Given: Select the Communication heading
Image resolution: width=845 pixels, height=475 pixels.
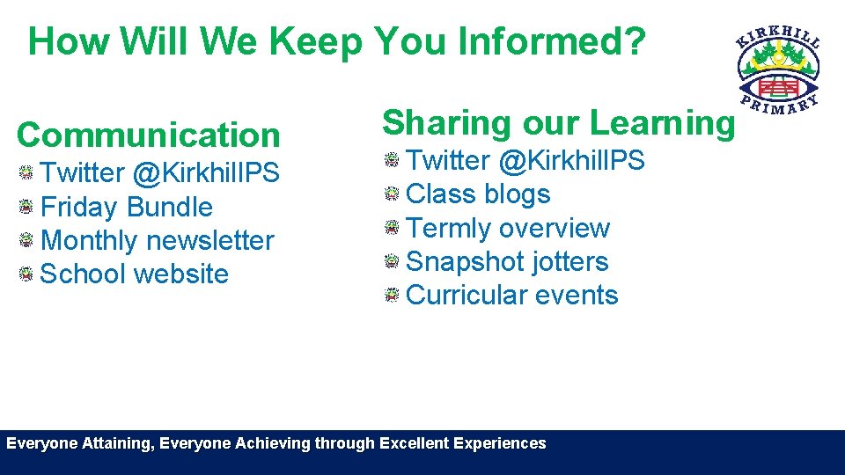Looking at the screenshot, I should (x=148, y=135).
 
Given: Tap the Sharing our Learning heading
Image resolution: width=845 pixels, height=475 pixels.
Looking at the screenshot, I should (x=558, y=123).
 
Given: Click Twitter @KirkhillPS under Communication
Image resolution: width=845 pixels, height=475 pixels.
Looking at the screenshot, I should (x=159, y=173).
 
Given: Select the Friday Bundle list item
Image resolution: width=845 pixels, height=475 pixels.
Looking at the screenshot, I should (x=127, y=208).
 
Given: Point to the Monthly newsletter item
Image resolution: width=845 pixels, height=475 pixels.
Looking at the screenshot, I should (x=158, y=240).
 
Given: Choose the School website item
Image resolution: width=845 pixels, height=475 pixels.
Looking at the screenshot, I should (x=135, y=274).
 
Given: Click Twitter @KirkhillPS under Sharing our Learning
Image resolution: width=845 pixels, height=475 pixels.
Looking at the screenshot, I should (x=525, y=161).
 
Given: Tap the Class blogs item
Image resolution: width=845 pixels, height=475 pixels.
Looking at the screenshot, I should (x=478, y=194).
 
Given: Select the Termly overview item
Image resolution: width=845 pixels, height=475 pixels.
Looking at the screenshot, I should (x=508, y=228).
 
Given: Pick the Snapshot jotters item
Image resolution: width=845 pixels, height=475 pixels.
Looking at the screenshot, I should (x=507, y=261).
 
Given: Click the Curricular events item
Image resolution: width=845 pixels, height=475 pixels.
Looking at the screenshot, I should (x=512, y=295).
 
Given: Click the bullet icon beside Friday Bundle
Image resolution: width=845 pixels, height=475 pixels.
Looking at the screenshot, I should (x=26, y=208).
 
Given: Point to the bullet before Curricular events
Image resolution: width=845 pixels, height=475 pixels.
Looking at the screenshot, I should (x=392, y=295).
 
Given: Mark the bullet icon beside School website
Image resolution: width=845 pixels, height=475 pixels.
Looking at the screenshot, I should (x=26, y=274).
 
